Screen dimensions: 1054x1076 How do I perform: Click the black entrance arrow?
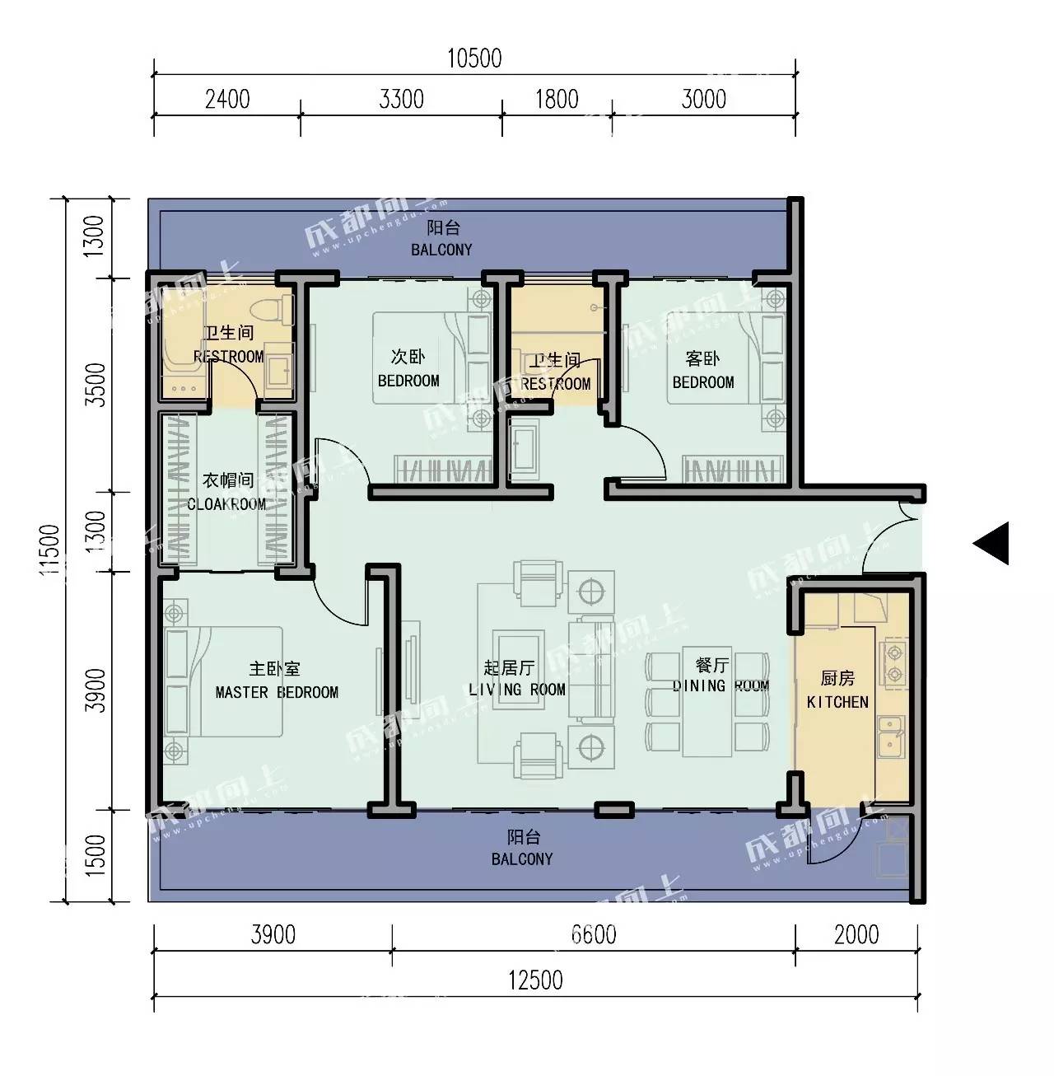[991, 543]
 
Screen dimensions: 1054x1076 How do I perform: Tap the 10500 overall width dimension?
[474, 58]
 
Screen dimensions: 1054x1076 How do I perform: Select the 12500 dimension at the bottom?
[535, 980]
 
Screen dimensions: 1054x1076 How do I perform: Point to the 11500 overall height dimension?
[49, 550]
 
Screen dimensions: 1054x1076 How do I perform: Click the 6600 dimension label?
[594, 935]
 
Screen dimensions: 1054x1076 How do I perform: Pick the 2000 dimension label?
[856, 935]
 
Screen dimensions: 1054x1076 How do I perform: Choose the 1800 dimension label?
[557, 100]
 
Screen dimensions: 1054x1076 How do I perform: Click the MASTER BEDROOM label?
[277, 692]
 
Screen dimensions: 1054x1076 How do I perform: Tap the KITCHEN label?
[837, 702]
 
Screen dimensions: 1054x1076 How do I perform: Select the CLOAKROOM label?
[226, 504]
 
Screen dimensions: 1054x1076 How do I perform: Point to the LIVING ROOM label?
[517, 690]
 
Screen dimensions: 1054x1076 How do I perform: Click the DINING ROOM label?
[721, 685]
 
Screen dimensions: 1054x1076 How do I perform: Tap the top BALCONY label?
[441, 250]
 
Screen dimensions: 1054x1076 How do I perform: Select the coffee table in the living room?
[518, 670]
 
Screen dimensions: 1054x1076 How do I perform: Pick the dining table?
[707, 703]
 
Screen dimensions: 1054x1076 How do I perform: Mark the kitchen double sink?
[890, 737]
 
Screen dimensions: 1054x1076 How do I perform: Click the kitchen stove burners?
[893, 662]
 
